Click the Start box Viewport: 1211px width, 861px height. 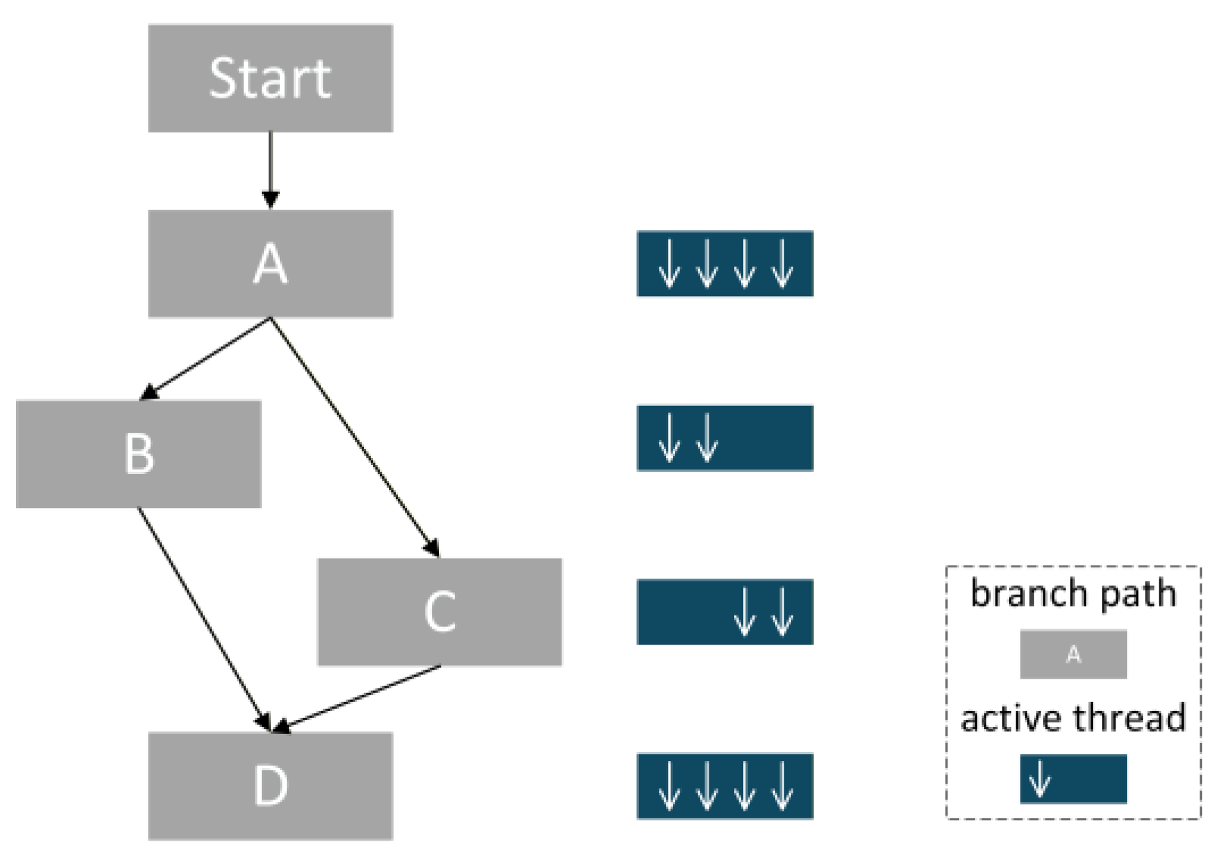pos(270,78)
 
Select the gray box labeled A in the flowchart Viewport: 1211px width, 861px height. pos(270,264)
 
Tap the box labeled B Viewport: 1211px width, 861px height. pos(139,454)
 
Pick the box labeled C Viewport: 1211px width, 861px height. pos(440,612)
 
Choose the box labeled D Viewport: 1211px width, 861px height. pos(270,786)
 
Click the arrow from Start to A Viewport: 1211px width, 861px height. pos(270,170)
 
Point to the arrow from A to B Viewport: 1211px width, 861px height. pos(205,359)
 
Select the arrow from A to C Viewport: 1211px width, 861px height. pos(355,438)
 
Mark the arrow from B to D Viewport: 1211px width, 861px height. pos(204,619)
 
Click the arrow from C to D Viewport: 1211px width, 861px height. pos(356,699)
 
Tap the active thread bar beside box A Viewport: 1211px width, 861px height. pos(725,264)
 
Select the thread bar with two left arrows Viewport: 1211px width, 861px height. pos(725,438)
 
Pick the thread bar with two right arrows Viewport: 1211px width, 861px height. pos(725,612)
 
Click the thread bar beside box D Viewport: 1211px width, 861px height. pos(725,786)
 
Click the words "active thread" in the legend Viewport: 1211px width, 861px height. pos(1073,719)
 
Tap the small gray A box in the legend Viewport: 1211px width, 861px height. pos(1073,654)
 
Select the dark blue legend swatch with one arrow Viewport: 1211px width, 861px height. pos(1073,778)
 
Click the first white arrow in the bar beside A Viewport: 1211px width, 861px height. pos(669,264)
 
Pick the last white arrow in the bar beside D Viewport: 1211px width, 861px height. pos(782,786)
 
